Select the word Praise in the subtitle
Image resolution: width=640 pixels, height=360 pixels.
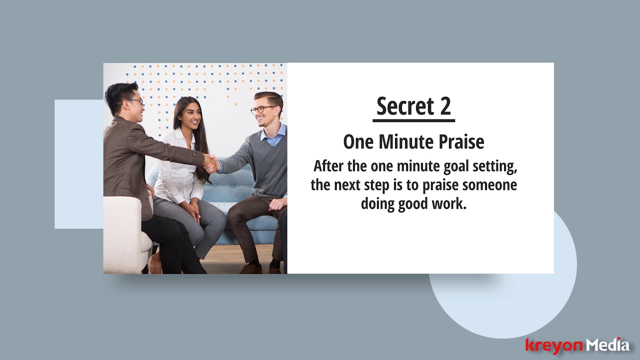[461, 142]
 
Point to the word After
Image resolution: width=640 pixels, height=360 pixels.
[329, 166]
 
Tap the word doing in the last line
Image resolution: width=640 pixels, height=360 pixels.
[377, 204]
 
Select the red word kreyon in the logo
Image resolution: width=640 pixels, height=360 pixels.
[554, 345]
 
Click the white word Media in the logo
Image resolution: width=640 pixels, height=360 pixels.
[607, 345]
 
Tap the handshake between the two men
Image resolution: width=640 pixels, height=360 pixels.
[211, 163]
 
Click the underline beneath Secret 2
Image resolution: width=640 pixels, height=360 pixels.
[413, 120]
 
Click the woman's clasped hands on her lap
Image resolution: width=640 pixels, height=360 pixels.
[192, 209]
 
